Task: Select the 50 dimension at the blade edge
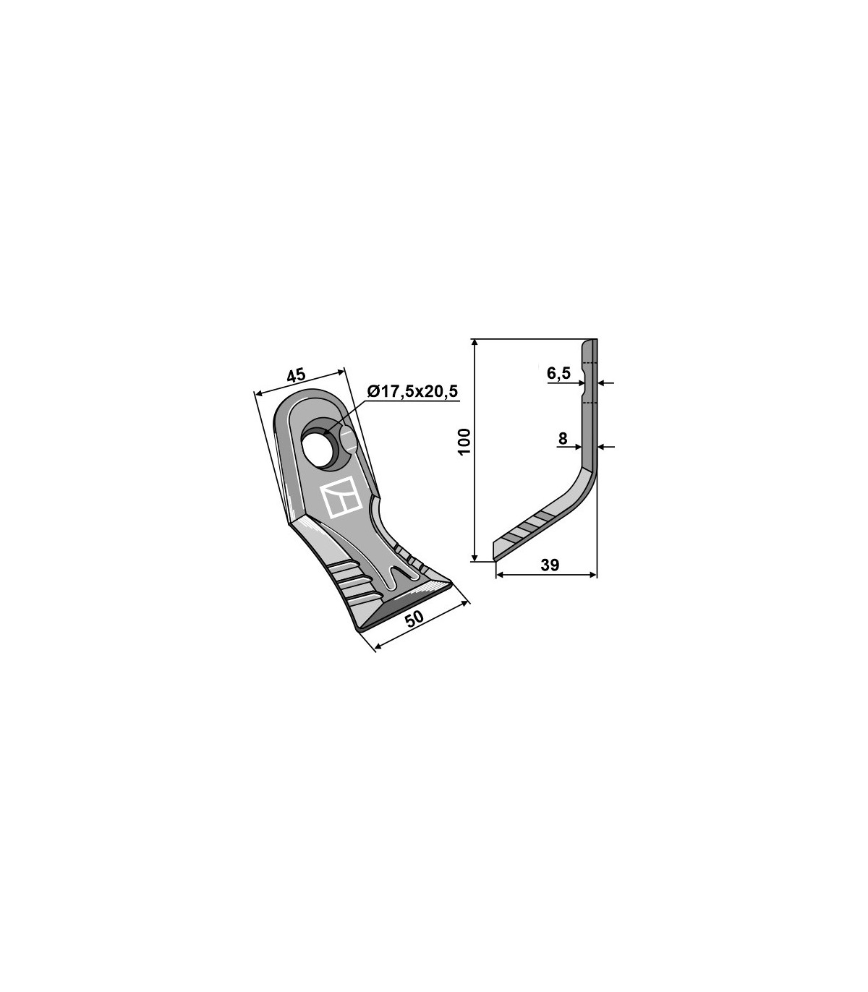[x=414, y=619]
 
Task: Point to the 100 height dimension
[x=464, y=441]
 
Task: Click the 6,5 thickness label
[x=558, y=373]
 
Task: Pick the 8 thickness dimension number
[x=563, y=439]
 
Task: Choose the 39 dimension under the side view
[x=550, y=565]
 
